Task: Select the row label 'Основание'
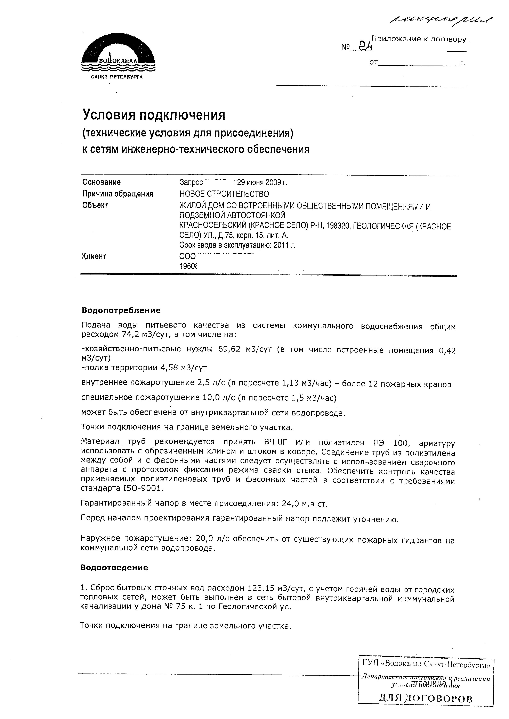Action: click(x=102, y=182)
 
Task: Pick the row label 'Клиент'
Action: click(x=94, y=256)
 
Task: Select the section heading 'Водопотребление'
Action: click(x=121, y=310)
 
